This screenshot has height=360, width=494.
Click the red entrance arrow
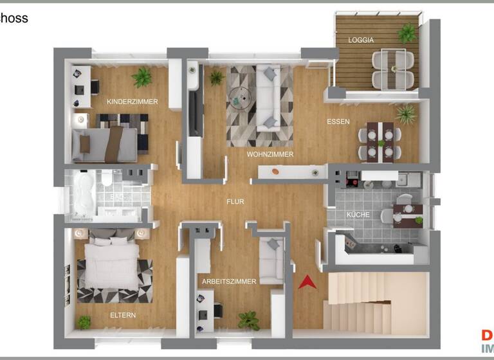307,282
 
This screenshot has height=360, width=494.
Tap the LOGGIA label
361,40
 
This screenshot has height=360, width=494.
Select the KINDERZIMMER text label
133,102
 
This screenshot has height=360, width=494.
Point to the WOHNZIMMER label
270,154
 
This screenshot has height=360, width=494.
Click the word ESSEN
338,122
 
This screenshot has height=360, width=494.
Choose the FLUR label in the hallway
235,201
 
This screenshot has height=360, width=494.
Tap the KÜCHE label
358,214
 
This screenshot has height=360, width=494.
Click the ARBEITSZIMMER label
229,282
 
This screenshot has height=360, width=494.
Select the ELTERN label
122,315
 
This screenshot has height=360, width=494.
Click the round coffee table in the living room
240,97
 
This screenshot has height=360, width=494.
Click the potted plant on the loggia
407,32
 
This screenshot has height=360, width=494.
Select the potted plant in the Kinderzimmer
142,77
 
